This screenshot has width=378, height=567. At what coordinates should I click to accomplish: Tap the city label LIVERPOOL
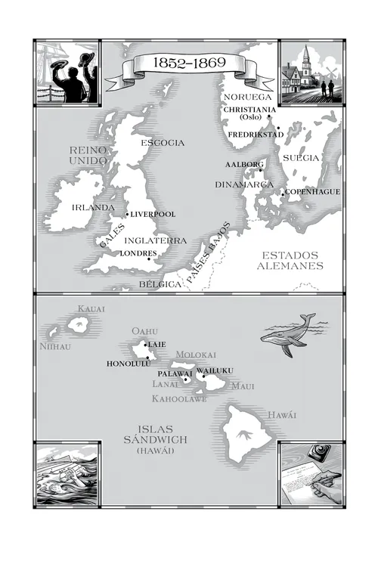153,215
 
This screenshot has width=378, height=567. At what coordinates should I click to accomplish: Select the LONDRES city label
138,253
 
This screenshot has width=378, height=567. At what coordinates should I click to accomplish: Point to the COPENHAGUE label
313,192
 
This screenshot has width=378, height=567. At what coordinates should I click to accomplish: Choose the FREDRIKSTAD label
256,135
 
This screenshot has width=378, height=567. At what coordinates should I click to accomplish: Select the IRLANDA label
93,207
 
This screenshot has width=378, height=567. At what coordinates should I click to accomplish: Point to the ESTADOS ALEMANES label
290,261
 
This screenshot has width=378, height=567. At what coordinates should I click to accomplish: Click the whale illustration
289,334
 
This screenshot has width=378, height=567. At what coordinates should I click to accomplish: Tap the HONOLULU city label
129,364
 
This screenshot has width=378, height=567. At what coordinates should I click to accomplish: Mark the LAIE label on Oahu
157,344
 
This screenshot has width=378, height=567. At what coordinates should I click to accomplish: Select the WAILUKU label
215,370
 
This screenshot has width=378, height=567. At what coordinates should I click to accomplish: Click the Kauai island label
90,309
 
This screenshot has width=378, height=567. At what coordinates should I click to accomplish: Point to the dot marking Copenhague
283,194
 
